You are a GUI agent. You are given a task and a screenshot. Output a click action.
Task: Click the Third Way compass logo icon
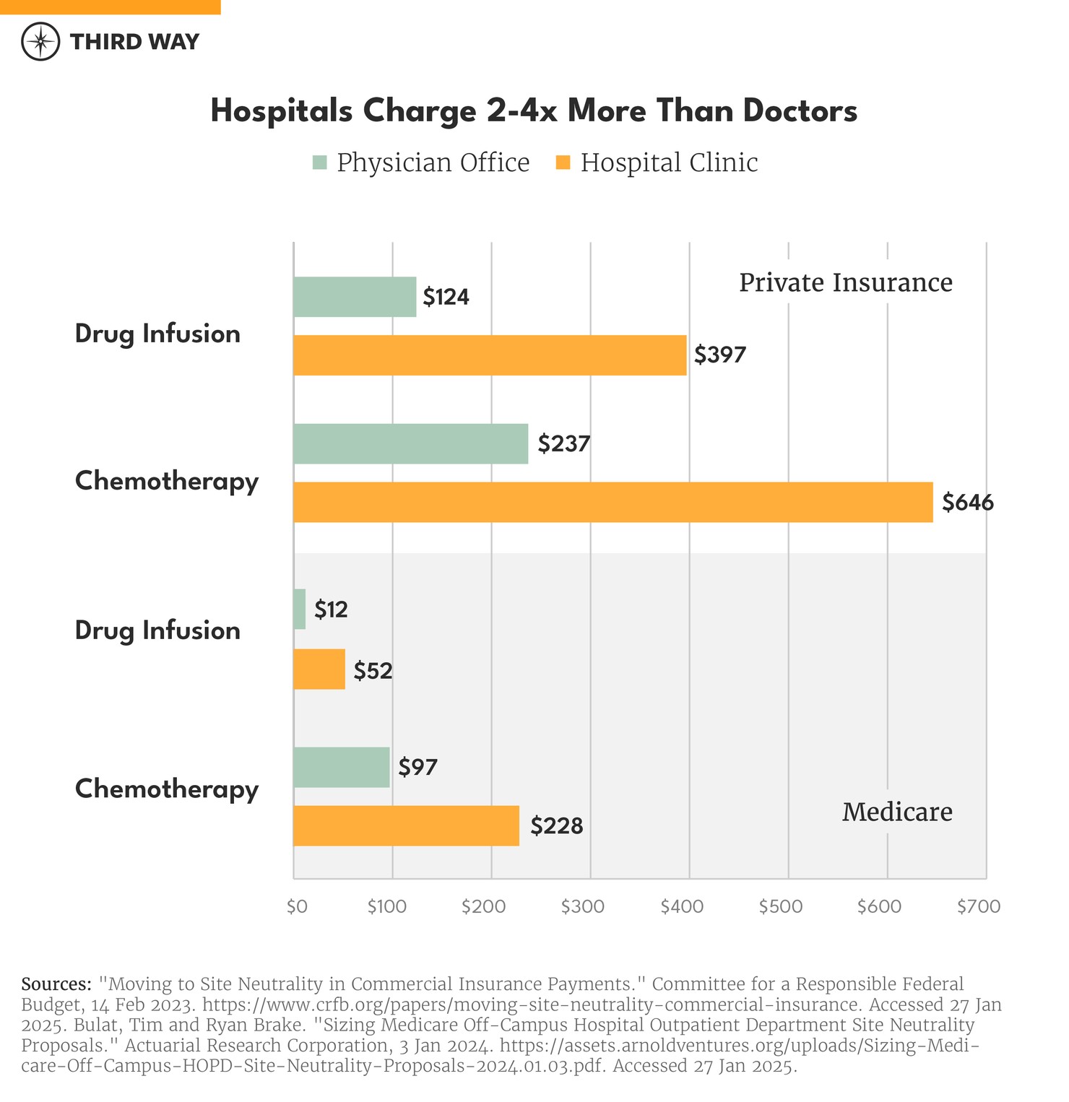pyautogui.click(x=40, y=41)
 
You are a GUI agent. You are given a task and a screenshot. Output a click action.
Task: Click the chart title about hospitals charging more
pyautogui.click(x=534, y=111)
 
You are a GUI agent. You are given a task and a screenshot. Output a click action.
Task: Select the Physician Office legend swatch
pyautogui.click(x=320, y=162)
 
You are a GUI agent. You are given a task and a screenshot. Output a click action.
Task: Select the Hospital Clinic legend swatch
pyautogui.click(x=563, y=162)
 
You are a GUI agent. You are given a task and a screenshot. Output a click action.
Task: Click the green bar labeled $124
pyautogui.click(x=355, y=297)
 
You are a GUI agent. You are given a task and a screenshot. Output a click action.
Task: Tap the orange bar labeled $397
pyautogui.click(x=490, y=355)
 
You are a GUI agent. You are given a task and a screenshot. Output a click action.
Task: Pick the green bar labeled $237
pyautogui.click(x=410, y=443)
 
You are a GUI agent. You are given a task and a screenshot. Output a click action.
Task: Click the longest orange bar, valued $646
pyautogui.click(x=613, y=502)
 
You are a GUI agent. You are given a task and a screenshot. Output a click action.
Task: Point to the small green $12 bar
pyautogui.click(x=300, y=609)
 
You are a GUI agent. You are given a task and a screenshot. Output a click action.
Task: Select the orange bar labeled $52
pyautogui.click(x=319, y=669)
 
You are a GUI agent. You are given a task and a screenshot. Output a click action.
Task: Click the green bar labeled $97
pyautogui.click(x=341, y=767)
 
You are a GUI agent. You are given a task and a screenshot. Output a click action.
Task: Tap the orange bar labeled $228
pyautogui.click(x=406, y=825)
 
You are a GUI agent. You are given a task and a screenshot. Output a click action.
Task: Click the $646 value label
pyautogui.click(x=968, y=503)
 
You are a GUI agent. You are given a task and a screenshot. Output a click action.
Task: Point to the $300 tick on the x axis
pyautogui.click(x=582, y=907)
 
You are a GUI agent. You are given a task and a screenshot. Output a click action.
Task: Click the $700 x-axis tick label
pyautogui.click(x=979, y=907)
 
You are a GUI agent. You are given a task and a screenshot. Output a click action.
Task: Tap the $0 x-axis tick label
pyautogui.click(x=297, y=907)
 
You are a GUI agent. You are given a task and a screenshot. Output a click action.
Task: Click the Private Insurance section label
pyautogui.click(x=845, y=282)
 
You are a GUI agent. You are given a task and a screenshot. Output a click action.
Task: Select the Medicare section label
pyautogui.click(x=897, y=812)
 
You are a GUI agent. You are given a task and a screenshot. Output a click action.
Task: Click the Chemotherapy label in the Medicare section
pyautogui.click(x=167, y=789)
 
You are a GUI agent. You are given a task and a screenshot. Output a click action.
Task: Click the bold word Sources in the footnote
pyautogui.click(x=56, y=984)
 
